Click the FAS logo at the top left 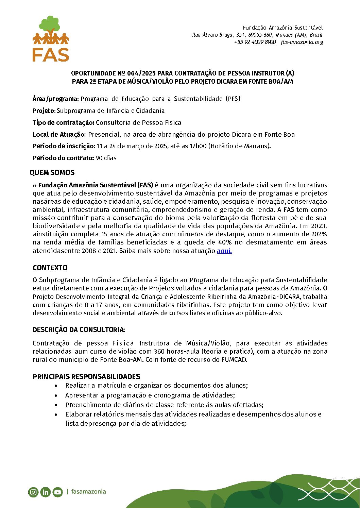51,39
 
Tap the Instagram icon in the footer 33,492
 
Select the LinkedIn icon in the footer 45,492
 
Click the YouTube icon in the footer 57,492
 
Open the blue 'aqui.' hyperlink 224,251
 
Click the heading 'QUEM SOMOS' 52,173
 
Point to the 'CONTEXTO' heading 50,268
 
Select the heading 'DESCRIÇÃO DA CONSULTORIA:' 79,330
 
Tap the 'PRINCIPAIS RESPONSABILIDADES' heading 86,377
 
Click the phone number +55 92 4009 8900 255,42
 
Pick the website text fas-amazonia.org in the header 302,42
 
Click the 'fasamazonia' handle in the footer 88,492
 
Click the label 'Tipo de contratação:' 64,123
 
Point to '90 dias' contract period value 106,158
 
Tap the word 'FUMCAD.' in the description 234,360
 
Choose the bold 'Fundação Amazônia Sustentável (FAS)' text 96,185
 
